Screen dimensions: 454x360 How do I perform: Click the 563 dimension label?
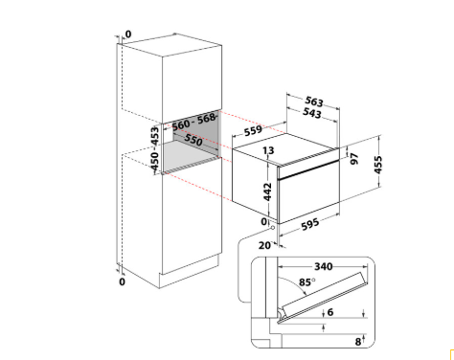[314, 101]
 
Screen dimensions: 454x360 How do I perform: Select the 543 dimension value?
[312, 113]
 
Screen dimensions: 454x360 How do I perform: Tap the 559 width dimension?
[253, 130]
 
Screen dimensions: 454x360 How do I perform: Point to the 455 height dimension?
[378, 165]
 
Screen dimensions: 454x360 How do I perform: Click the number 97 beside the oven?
[354, 159]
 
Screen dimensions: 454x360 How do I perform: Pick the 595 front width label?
[310, 224]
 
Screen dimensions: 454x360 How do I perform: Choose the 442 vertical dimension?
[267, 191]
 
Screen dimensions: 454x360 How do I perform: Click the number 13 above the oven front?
[268, 150]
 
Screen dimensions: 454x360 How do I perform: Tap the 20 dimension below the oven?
[264, 245]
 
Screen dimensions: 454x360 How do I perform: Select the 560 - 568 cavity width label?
[193, 122]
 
